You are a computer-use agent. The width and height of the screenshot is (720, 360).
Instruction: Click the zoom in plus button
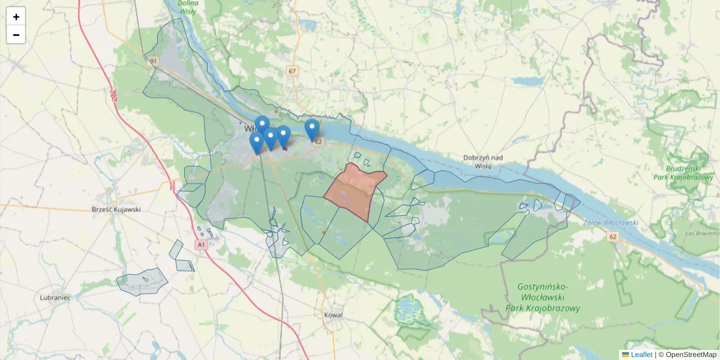click(x=16, y=17)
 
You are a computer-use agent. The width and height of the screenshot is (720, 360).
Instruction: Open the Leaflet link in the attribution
click(x=641, y=355)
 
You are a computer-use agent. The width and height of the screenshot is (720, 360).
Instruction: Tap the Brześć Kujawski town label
click(x=116, y=209)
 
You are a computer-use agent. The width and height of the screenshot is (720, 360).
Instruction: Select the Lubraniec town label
click(x=55, y=298)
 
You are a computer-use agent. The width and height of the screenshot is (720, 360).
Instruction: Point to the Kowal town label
click(x=333, y=314)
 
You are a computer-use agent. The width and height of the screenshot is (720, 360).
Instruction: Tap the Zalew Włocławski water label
click(x=610, y=223)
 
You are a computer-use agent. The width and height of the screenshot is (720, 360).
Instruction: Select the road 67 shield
click(x=292, y=71)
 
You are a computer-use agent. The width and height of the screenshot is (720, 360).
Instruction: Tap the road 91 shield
click(x=154, y=61)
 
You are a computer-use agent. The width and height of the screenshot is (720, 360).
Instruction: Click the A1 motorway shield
click(x=201, y=245)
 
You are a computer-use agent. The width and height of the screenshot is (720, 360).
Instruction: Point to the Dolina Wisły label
click(x=188, y=7)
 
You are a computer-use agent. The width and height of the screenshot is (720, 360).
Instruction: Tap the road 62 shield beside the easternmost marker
click(x=319, y=142)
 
